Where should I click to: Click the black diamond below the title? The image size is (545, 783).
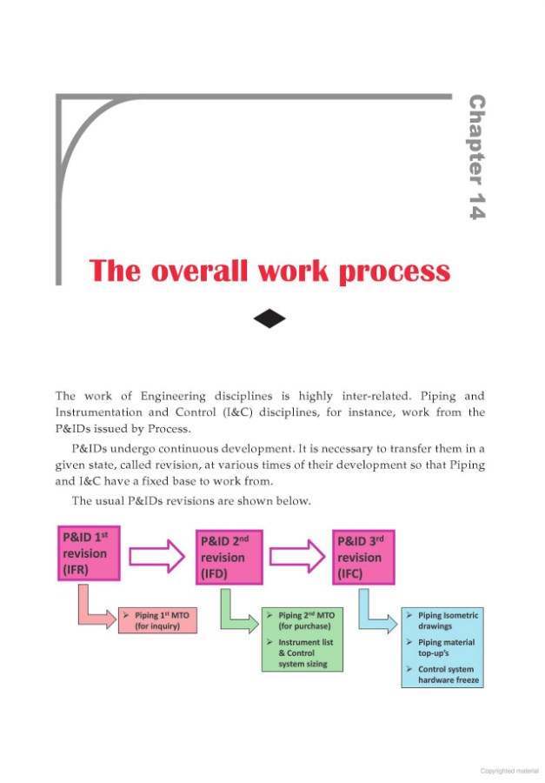tap(269, 319)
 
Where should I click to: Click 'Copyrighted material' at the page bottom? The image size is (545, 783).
tap(509, 770)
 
